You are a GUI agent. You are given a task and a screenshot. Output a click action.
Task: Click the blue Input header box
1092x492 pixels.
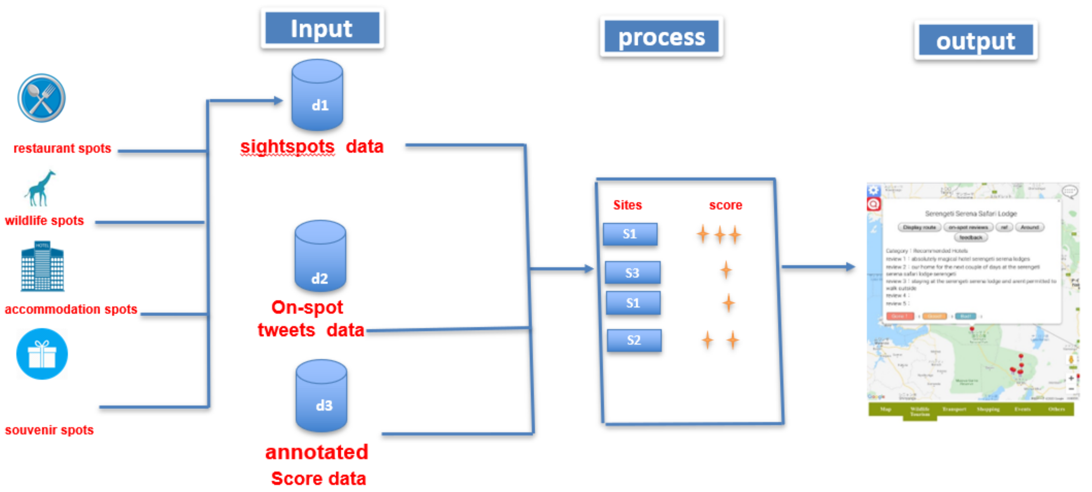(x=322, y=28)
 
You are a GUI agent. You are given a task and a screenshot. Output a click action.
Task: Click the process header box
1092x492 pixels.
(x=661, y=37)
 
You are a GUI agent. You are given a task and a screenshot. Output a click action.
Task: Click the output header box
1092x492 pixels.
(x=975, y=40)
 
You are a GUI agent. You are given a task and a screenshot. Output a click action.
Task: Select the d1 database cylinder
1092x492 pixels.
(x=317, y=95)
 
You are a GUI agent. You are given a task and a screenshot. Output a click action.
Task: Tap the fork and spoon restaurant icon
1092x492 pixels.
(x=42, y=98)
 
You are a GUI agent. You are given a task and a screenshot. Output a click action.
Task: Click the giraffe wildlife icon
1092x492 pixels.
(x=40, y=188)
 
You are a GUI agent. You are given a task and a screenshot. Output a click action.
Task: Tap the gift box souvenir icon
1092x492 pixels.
(x=42, y=354)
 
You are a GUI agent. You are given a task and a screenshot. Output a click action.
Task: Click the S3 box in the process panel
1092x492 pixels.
(x=632, y=273)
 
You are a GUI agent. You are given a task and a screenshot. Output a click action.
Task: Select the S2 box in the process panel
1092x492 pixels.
(x=634, y=340)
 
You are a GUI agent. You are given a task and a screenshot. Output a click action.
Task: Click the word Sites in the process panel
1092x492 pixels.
(x=627, y=205)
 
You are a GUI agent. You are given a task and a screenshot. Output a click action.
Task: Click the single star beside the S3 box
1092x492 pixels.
(x=726, y=270)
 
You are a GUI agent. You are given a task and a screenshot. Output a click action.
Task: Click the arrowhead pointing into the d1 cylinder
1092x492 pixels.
(x=278, y=101)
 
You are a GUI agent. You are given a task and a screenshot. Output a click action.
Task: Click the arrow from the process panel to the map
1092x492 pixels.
(x=818, y=267)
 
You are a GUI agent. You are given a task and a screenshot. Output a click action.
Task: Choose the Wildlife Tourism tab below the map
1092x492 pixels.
(x=920, y=412)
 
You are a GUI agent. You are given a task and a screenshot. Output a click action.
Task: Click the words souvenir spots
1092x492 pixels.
(x=49, y=430)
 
